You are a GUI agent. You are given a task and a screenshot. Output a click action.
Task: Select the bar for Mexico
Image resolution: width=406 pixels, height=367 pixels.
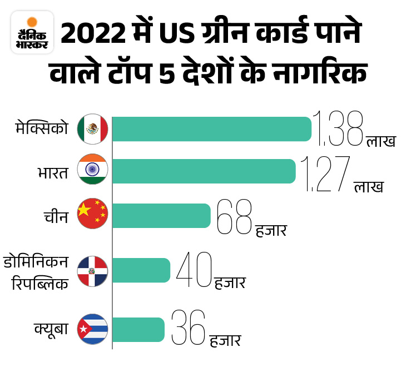pyautogui.click(x=212, y=129)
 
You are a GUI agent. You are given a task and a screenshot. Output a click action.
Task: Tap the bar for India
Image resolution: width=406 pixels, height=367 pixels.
pyautogui.click(x=204, y=171)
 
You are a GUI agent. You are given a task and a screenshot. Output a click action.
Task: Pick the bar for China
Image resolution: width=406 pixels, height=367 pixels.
pyautogui.click(x=162, y=216)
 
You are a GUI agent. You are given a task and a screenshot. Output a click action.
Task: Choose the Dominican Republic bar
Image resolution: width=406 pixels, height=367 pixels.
pyautogui.click(x=141, y=270)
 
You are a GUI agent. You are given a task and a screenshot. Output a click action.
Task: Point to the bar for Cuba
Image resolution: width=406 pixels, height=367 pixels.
pyautogui.click(x=138, y=330)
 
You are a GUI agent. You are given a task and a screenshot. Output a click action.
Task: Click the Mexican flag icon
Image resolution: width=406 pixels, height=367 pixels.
pyautogui.click(x=92, y=129)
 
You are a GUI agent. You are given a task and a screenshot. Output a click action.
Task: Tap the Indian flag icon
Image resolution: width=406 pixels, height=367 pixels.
pyautogui.click(x=92, y=169)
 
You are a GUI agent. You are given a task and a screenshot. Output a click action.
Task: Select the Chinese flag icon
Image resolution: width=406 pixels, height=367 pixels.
pyautogui.click(x=92, y=214)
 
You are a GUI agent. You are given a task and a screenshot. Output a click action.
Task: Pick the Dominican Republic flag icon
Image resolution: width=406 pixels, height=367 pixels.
pyautogui.click(x=92, y=271)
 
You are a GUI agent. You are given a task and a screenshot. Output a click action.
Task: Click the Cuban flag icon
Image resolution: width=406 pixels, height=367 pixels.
pyautogui.click(x=92, y=330)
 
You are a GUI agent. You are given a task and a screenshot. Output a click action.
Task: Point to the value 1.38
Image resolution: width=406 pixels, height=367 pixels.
pyautogui.click(x=338, y=128)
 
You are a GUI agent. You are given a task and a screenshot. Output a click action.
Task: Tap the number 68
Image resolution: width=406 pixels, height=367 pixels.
pyautogui.click(x=234, y=217)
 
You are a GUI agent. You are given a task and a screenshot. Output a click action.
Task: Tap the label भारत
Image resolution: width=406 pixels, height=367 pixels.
pyautogui.click(x=49, y=173)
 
